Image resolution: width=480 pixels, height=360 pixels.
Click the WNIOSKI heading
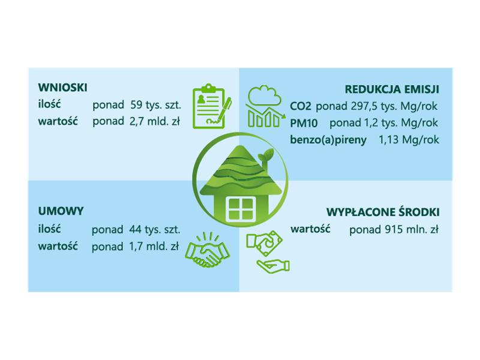pos(63,88)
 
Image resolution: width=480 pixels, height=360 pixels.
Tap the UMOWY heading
pos(61,211)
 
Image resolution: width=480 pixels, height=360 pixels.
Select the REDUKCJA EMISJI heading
pos(392,89)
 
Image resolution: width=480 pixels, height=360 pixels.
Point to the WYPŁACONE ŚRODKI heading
pos(383,212)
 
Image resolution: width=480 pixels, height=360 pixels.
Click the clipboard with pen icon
pos(212,106)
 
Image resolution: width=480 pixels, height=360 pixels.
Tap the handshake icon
pos(207,250)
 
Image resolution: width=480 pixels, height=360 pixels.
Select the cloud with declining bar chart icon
pos(265,107)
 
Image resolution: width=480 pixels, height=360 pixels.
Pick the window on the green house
pos(241,209)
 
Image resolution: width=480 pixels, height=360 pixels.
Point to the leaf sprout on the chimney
pos(266,154)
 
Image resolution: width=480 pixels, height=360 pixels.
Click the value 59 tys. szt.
pos(156,105)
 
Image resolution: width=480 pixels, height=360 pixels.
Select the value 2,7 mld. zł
pos(155,122)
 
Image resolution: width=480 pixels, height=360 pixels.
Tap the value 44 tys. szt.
pos(155,230)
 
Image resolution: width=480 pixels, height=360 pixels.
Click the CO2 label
pos(301,107)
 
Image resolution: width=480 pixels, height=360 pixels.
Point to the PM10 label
pos(304,124)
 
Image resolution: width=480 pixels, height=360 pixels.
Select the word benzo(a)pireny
pos(328,140)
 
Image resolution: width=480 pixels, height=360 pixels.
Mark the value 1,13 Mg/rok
pos(409,140)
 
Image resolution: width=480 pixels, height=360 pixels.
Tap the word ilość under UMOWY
pos(50,229)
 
